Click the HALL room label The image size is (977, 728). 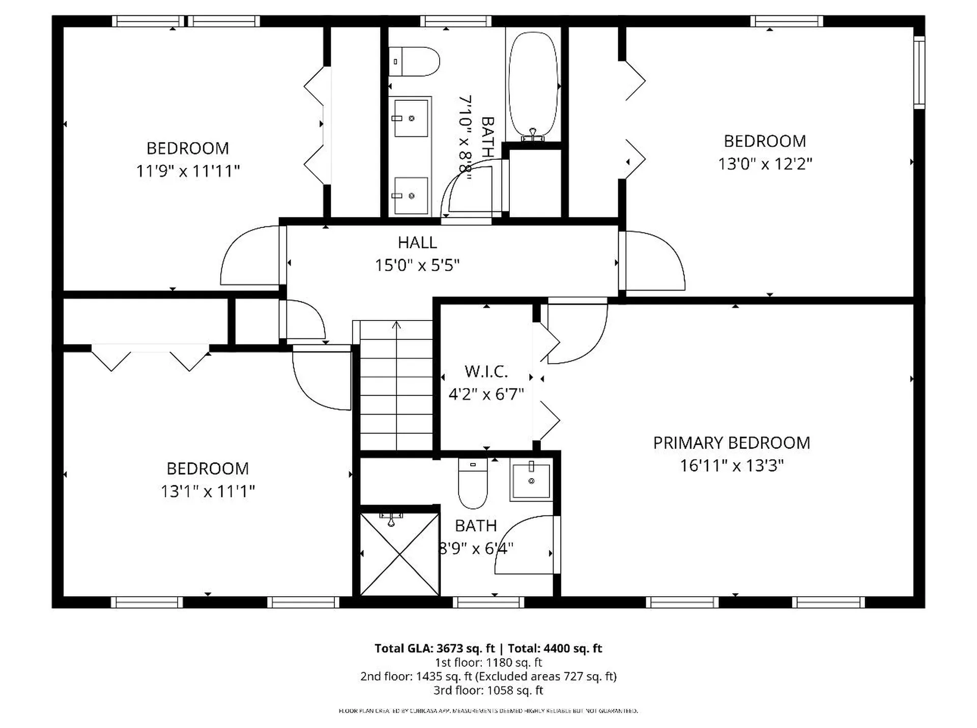click(x=417, y=243)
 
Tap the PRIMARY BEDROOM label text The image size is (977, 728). click(x=731, y=443)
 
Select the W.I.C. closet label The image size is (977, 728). click(x=486, y=371)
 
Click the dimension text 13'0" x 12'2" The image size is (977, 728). click(x=765, y=164)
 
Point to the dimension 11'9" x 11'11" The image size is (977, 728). click(x=187, y=171)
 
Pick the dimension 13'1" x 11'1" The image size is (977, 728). click(x=208, y=491)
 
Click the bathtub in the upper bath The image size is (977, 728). click(x=533, y=84)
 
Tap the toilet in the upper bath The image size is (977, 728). click(x=414, y=62)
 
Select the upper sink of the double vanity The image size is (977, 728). click(x=411, y=118)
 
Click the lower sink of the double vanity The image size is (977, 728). click(x=411, y=196)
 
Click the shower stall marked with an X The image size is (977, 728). click(x=399, y=554)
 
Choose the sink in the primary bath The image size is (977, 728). click(x=531, y=480)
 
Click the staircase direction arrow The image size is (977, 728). click(x=396, y=326)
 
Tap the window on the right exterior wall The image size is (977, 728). click(x=919, y=72)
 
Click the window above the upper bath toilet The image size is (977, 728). click(x=456, y=21)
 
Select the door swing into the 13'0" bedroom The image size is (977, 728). click(x=654, y=260)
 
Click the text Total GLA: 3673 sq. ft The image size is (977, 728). click(x=434, y=648)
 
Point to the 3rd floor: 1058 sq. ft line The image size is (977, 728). click(x=488, y=690)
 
